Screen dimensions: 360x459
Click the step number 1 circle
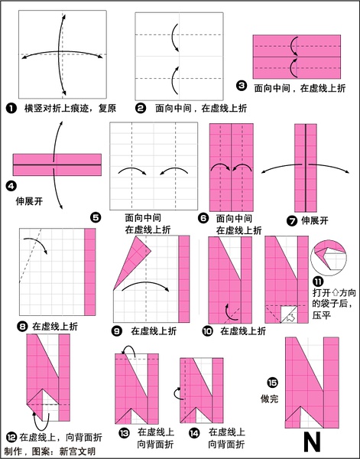(x=11, y=109)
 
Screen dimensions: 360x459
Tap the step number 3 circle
(x=242, y=86)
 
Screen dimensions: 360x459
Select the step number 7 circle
(x=292, y=220)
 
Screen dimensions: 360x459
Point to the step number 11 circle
(x=318, y=282)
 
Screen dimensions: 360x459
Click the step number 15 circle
(x=272, y=382)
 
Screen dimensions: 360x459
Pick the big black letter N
(x=313, y=442)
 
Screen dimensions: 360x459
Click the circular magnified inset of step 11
(x=329, y=258)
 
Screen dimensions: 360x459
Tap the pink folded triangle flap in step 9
(x=131, y=261)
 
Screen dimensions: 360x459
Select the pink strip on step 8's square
(x=89, y=272)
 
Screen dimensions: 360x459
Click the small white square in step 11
(x=288, y=314)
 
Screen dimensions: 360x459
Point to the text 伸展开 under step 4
(x=29, y=201)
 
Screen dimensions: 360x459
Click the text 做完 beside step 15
(x=270, y=399)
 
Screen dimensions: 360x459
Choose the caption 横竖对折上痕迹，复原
(x=70, y=109)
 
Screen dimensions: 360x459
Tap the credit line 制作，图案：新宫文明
(x=50, y=451)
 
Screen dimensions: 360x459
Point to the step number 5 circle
(x=96, y=218)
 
